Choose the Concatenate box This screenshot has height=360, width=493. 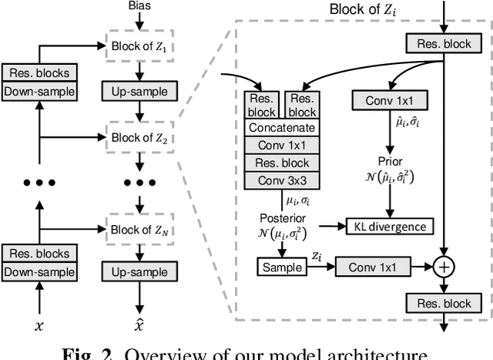[283, 129]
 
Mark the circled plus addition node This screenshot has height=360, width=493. [444, 267]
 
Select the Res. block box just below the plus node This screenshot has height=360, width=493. [444, 303]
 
